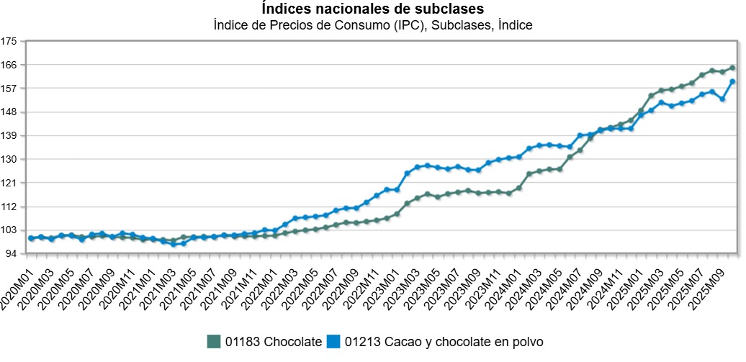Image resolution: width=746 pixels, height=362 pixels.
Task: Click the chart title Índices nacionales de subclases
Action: pos(372,9)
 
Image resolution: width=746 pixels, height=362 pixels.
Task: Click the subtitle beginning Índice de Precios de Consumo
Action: pos(372,25)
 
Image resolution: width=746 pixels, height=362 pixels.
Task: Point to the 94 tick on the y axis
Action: pos(12,254)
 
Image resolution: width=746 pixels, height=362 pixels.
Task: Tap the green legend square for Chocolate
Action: pos(212,341)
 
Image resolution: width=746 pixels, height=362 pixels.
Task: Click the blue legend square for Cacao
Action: pos(333,341)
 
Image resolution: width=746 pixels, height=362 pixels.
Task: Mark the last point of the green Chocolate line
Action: pos(732,68)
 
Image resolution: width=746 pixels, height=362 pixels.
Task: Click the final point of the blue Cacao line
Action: pos(732,81)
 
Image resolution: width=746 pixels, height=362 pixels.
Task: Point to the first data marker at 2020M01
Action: pos(31,238)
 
